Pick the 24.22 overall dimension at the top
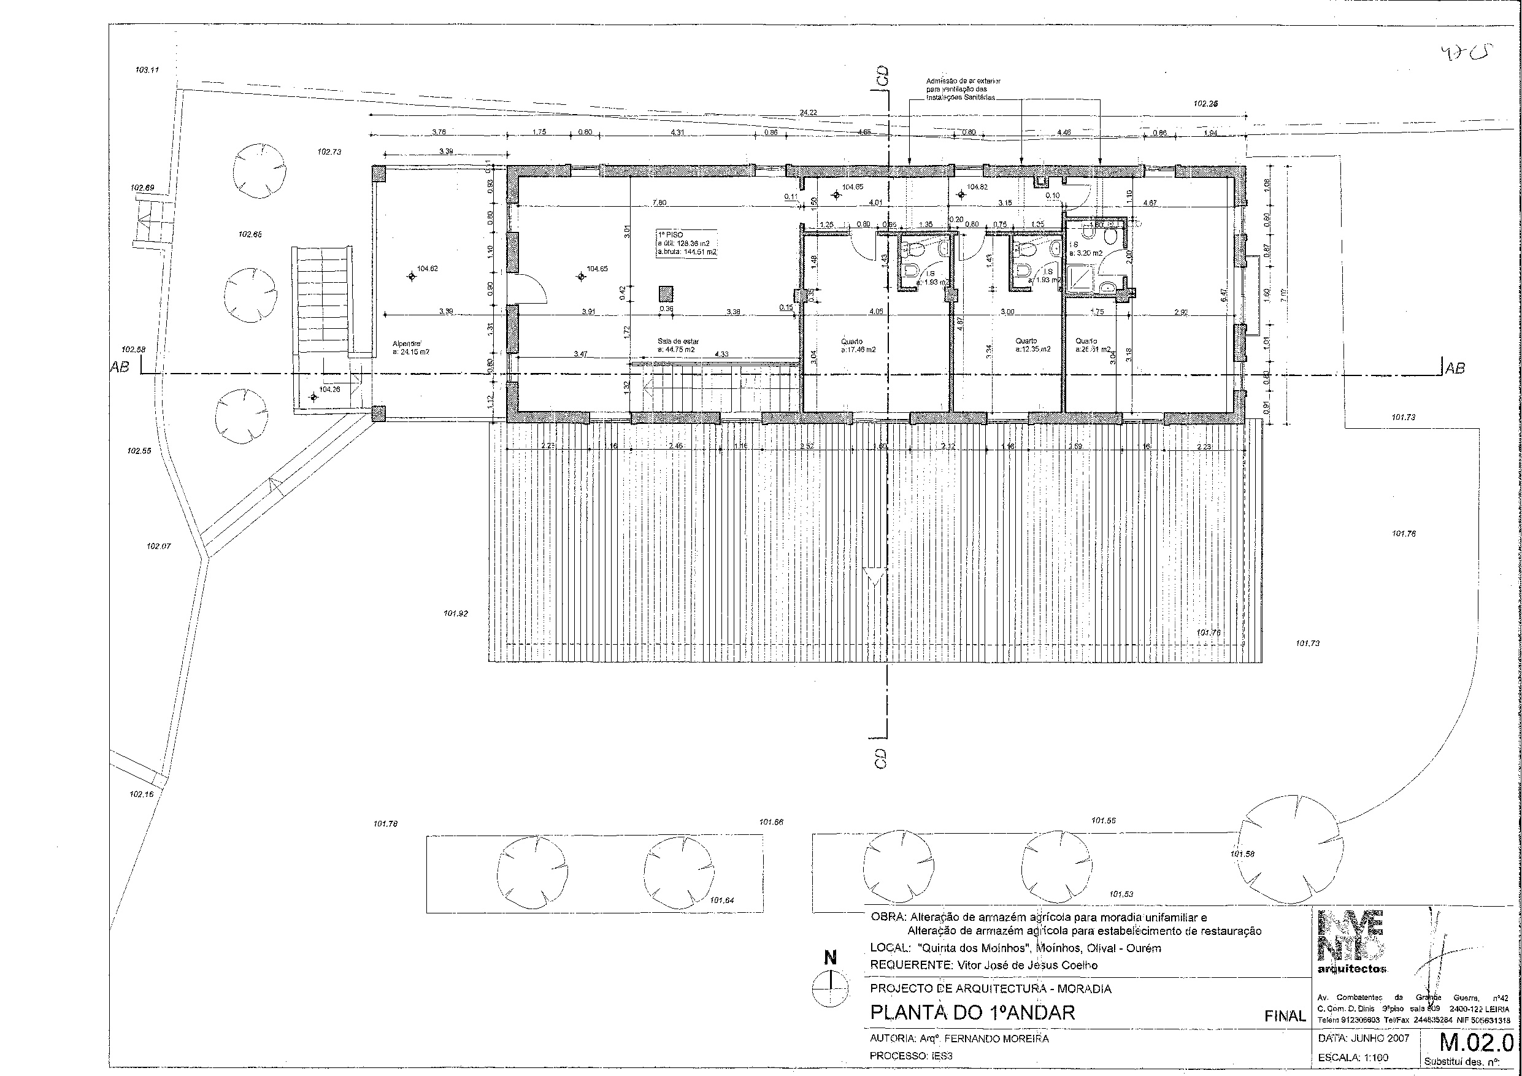click(807, 112)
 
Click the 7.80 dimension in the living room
click(659, 202)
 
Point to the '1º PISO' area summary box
click(686, 244)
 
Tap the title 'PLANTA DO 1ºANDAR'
click(972, 1013)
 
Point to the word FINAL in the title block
click(1285, 1016)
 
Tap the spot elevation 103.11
click(147, 69)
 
